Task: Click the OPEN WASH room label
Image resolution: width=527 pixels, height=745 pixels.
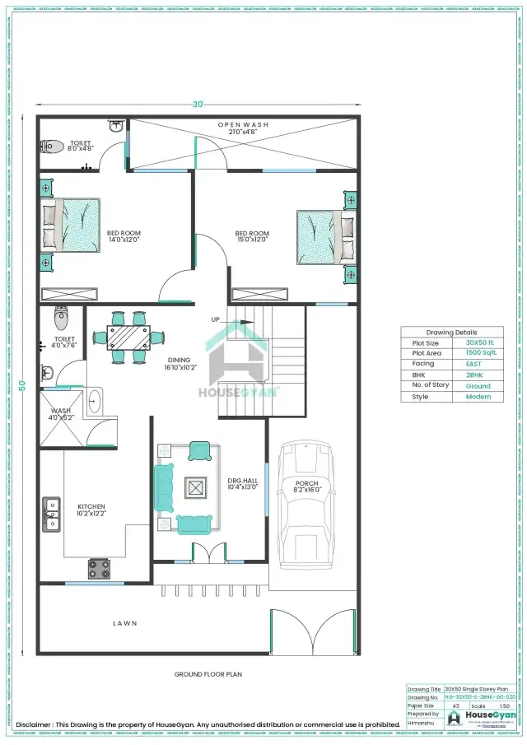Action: (x=243, y=124)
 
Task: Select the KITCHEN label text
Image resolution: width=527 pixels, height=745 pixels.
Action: (x=91, y=506)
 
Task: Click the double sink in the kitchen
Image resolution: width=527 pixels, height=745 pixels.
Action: (x=52, y=513)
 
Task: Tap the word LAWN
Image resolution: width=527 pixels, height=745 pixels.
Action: (x=125, y=623)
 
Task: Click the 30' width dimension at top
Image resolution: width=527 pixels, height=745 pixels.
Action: (x=198, y=105)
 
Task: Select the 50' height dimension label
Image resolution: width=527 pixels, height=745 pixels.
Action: (x=24, y=384)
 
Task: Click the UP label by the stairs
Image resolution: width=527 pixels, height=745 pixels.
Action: (x=216, y=319)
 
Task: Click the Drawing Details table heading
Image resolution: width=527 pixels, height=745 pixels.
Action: (x=452, y=332)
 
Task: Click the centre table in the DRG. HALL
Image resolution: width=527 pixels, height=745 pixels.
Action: (x=196, y=487)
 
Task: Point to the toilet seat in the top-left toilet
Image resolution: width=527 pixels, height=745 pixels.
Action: (x=53, y=147)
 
